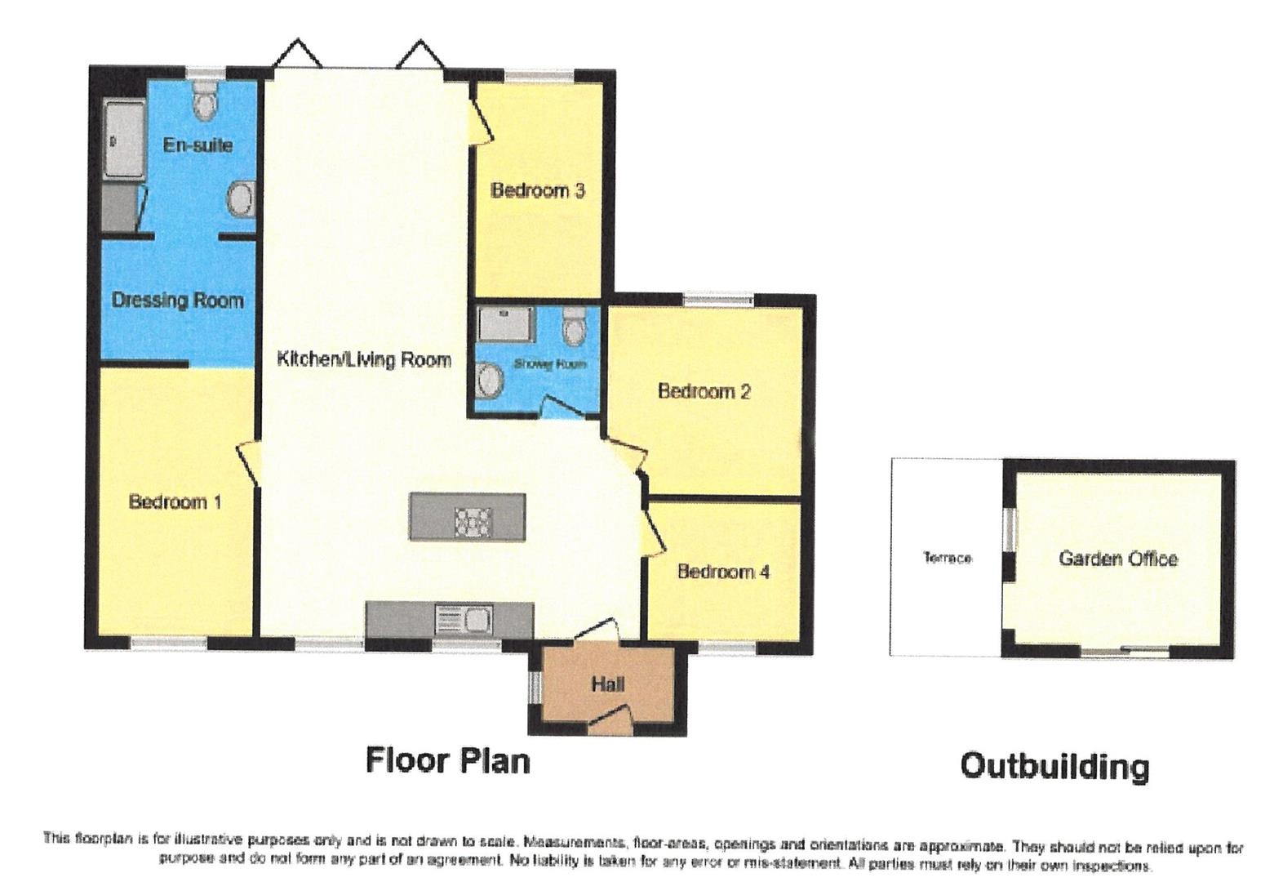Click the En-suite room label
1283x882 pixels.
[x=198, y=145]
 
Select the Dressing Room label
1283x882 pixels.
[x=177, y=301]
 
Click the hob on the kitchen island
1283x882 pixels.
[x=473, y=521]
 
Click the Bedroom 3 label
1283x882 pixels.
[x=537, y=191]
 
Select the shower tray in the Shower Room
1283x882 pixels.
[x=506, y=323]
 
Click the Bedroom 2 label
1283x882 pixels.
[x=704, y=391]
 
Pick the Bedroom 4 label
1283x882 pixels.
[x=722, y=572]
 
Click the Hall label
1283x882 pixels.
[x=607, y=684]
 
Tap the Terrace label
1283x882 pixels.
[x=947, y=558]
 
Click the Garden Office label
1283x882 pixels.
[x=1117, y=559]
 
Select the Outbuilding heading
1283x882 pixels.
[x=1054, y=766]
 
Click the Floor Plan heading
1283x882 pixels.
[x=447, y=760]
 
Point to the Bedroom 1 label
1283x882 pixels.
[x=175, y=501]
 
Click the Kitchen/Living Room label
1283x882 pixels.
[x=364, y=359]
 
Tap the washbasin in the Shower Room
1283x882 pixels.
[x=491, y=380]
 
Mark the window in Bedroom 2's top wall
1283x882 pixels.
[x=718, y=300]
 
